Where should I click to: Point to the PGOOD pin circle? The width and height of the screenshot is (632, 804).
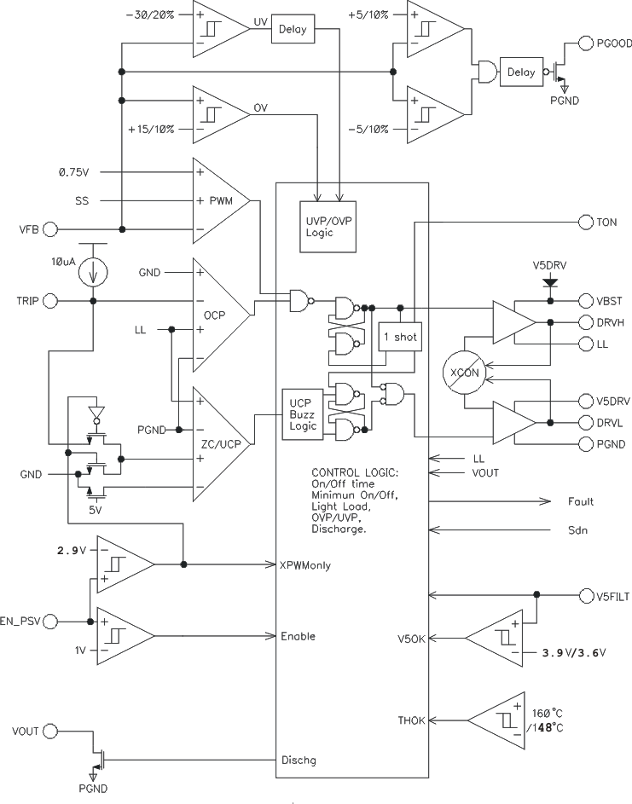pos(586,43)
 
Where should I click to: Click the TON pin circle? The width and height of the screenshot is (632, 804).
pos(586,222)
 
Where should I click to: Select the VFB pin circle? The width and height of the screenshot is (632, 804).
pos(49,228)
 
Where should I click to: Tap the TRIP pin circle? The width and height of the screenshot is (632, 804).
pos(49,300)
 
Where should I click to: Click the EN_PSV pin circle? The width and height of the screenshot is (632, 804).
pos(49,621)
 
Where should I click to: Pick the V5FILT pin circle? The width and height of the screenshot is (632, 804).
pos(586,594)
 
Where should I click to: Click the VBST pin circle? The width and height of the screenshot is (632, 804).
pos(586,300)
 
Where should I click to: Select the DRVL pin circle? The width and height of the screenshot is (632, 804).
pos(586,422)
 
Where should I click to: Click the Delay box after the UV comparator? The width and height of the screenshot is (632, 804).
pos(293,32)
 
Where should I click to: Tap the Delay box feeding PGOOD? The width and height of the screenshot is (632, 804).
pos(520,72)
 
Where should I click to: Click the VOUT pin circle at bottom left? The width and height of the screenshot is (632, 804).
pos(49,731)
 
